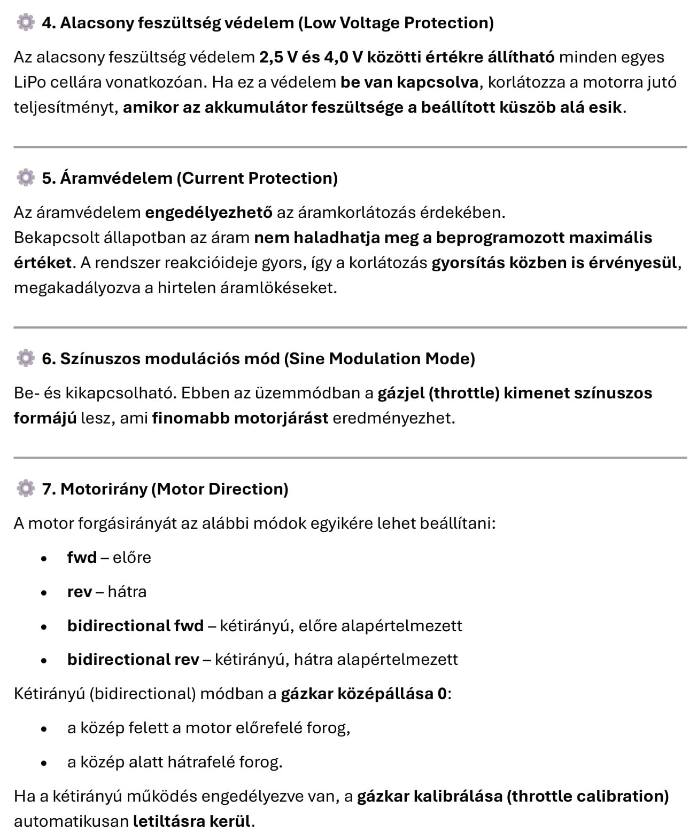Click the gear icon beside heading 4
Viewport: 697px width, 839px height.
pos(25,22)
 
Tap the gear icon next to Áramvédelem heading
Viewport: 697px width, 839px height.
pos(25,177)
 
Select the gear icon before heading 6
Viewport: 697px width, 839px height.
pos(25,358)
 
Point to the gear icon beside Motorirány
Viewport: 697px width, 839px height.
pos(25,488)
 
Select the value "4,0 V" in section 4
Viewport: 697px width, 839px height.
pos(340,57)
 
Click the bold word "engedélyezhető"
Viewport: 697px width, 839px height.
pos(208,213)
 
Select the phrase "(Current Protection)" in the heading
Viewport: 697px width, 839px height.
pos(257,178)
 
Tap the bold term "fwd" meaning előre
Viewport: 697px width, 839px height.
pos(82,558)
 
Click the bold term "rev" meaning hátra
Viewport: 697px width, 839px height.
pos(79,592)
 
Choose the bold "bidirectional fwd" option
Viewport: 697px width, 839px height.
pos(135,626)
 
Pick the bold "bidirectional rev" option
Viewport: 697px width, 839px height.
pos(133,660)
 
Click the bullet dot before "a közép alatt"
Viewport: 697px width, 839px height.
pos(44,763)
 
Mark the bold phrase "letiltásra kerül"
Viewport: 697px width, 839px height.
pos(191,821)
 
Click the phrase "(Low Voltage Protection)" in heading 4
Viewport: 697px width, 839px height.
pos(396,23)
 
